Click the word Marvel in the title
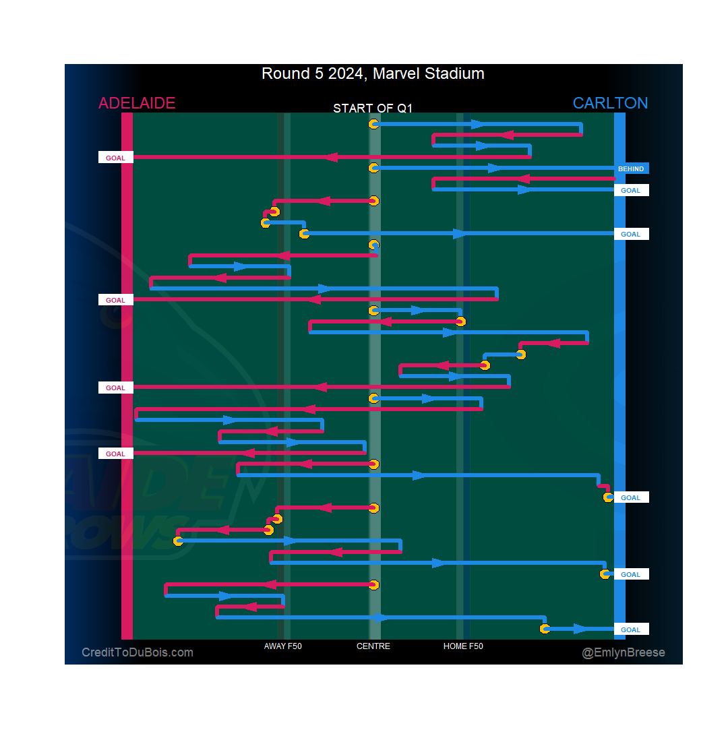(395, 73)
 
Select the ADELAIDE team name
(137, 103)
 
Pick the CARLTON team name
(610, 103)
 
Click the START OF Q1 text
(373, 109)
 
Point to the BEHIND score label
(631, 169)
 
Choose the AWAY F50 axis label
(283, 646)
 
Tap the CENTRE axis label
(373, 646)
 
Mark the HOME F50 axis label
(463, 646)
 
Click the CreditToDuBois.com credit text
(138, 652)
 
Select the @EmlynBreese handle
(624, 652)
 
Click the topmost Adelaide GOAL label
(116, 158)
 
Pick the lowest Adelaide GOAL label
(116, 454)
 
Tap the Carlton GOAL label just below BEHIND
(631, 191)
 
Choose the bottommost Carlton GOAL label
(631, 629)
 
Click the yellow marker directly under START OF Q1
(373, 124)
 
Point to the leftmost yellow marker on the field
(179, 541)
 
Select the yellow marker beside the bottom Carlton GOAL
(545, 629)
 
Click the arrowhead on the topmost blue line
(477, 124)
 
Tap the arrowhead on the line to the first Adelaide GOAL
(330, 157)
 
